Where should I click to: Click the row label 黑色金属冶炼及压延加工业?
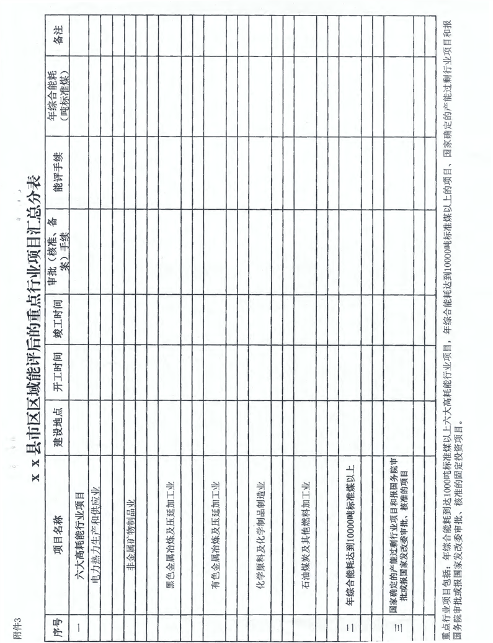(x=169, y=518)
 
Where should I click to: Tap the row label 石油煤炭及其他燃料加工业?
(x=306, y=518)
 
